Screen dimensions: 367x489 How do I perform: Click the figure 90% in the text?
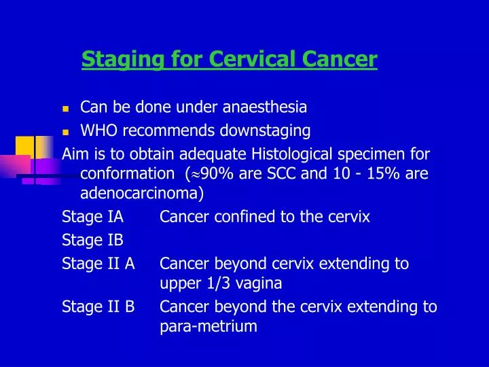pyautogui.click(x=218, y=174)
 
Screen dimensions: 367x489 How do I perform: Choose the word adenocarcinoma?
pyautogui.click(x=142, y=194)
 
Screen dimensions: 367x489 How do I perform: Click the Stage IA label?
pyautogui.click(x=92, y=217)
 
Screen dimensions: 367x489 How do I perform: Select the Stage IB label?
pyautogui.click(x=92, y=240)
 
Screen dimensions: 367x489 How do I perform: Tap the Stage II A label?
pyautogui.click(x=98, y=263)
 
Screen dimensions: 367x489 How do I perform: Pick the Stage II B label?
pyautogui.click(x=98, y=307)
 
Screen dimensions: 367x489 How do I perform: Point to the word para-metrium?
pyautogui.click(x=209, y=327)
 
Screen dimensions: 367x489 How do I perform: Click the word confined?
pyautogui.click(x=235, y=217)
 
